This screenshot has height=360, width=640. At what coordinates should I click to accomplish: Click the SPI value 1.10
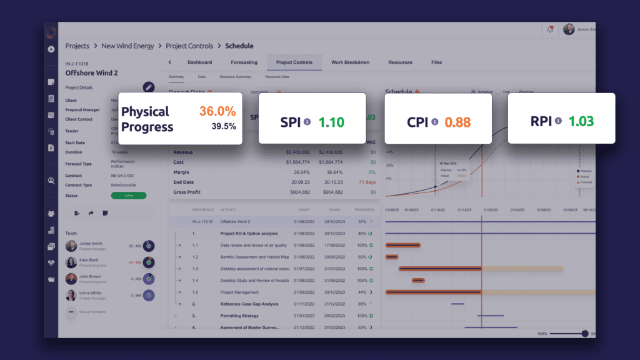pos(331,122)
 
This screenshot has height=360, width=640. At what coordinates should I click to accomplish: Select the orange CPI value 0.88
pos(457,122)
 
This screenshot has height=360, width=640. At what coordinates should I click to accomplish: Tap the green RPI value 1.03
pos(581,121)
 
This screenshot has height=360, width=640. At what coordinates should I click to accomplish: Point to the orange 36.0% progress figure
pos(217,111)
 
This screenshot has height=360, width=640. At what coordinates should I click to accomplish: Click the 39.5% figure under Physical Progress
pos(223,126)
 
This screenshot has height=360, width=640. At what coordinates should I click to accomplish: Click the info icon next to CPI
pos(434,122)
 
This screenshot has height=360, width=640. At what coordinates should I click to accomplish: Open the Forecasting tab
pos(244,62)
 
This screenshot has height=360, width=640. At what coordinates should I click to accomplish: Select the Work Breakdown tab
pos(350,62)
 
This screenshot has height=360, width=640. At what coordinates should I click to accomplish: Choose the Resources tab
pos(400,62)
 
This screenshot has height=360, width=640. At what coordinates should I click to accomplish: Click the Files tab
pos(436,62)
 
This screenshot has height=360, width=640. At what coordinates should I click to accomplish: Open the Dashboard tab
pos(199,62)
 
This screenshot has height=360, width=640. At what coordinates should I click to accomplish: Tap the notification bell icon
pos(550,29)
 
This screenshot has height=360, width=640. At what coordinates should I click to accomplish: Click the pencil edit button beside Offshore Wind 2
pos(149,87)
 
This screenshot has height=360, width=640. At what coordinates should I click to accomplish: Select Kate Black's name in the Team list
pos(89,259)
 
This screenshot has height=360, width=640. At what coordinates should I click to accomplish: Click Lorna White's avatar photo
pos(71,294)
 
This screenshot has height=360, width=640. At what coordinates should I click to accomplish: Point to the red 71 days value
pos(367,181)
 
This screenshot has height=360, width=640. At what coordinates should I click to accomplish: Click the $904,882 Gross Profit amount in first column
pos(297,192)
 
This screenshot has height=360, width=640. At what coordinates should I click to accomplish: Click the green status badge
pos(128,195)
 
